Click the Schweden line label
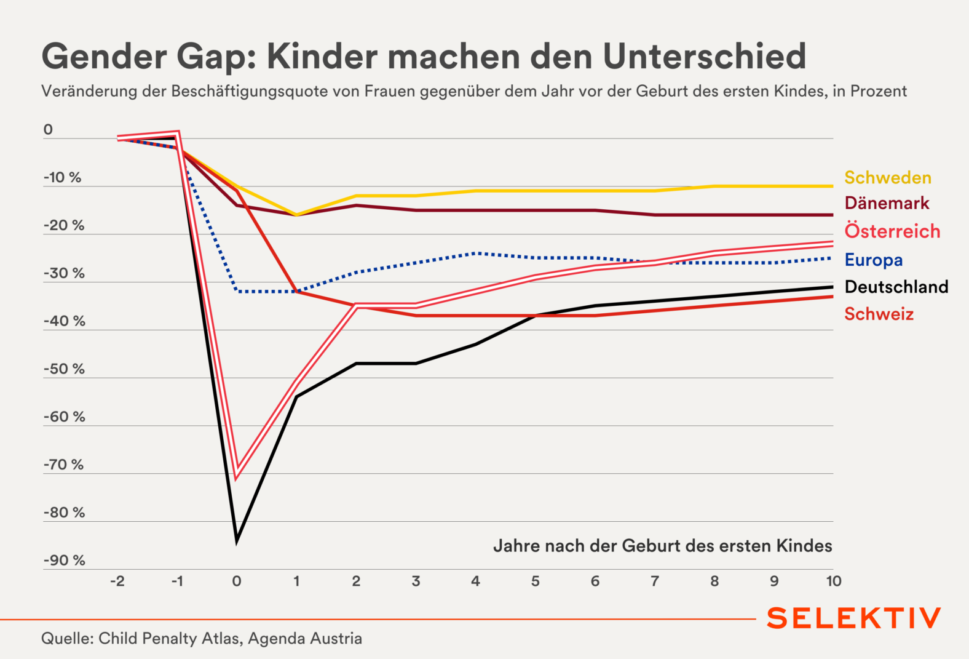(x=887, y=178)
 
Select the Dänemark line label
(x=887, y=203)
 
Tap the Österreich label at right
(x=892, y=231)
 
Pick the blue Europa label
(x=873, y=260)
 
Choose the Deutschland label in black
(x=896, y=287)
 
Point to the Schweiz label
(x=879, y=314)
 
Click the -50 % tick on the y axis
(x=64, y=369)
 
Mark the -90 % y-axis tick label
(x=64, y=561)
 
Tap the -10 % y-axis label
(x=62, y=178)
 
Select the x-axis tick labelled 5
(x=535, y=581)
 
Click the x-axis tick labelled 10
(x=833, y=581)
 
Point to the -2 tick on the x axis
(x=117, y=581)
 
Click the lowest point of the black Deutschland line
(x=237, y=541)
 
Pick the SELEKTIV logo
(x=853, y=618)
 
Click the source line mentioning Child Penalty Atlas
(x=202, y=639)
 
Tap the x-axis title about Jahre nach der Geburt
(x=662, y=546)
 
